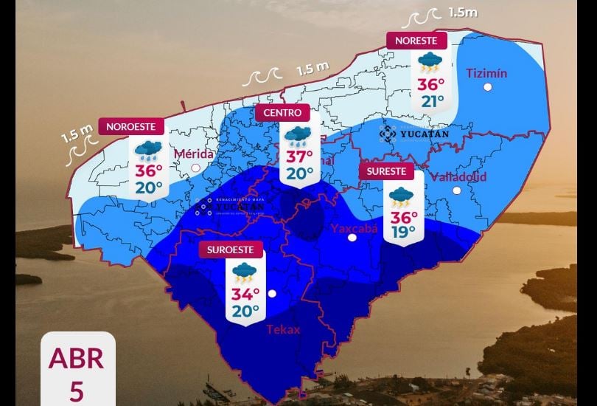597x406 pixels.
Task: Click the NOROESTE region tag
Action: tap(131, 126)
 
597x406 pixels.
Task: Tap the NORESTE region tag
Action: tap(416, 41)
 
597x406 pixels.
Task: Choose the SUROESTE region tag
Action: tap(231, 250)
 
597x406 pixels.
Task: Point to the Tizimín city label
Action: tap(487, 73)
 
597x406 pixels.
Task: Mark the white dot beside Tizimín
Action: tap(487, 88)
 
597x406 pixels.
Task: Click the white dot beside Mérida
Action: tap(195, 168)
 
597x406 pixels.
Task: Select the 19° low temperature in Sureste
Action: tap(404, 232)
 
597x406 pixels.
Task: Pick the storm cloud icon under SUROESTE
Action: tap(244, 273)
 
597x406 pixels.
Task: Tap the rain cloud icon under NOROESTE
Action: tap(148, 151)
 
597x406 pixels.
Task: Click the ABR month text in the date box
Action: tap(76, 359)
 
